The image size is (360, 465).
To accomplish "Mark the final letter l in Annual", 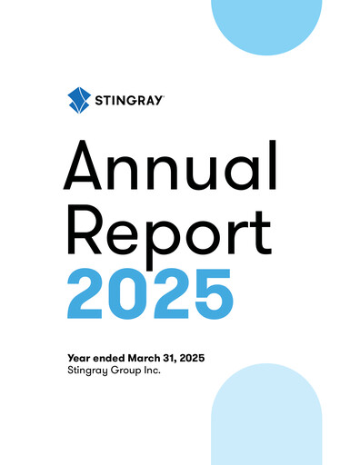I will pyautogui.click(x=270, y=170).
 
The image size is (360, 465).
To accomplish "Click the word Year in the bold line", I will pyautogui.click(x=79, y=359).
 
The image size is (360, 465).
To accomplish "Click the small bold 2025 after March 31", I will pyautogui.click(x=191, y=359).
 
